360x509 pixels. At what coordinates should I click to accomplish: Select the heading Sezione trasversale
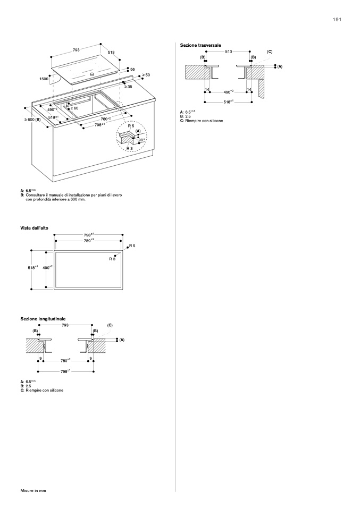point(200,45)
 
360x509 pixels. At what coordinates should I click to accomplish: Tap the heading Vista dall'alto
point(35,227)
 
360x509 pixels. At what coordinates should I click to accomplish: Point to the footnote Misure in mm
point(34,490)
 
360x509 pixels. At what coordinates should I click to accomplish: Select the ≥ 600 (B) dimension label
point(32,120)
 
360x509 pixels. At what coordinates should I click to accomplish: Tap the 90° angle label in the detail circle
point(141,140)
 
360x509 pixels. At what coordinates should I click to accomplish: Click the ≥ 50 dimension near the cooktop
point(146,75)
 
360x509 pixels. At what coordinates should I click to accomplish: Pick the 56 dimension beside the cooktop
point(132,70)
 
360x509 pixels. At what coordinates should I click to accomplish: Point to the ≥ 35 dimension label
point(128,86)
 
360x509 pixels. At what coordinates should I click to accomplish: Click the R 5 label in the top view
point(132,246)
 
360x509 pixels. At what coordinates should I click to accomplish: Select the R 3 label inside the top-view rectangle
point(112,258)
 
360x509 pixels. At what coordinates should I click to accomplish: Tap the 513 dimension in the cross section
point(228,52)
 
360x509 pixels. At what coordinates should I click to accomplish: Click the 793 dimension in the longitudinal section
point(65,325)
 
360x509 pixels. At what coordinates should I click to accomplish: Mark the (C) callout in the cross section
point(270,52)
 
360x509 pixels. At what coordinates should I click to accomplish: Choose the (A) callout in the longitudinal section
point(122,339)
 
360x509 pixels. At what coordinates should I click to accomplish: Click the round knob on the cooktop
point(92,75)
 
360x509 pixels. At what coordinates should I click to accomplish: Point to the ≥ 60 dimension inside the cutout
point(74,108)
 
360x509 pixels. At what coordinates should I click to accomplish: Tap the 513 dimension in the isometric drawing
point(111,53)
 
